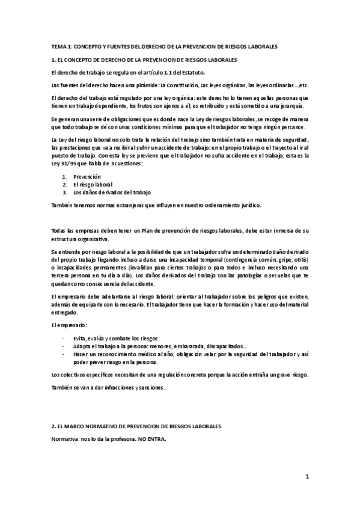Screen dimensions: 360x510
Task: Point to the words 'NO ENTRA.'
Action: pos(149,439)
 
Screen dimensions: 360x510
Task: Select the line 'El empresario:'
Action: pos(69,325)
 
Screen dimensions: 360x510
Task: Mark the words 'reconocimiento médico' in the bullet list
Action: pos(125,355)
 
